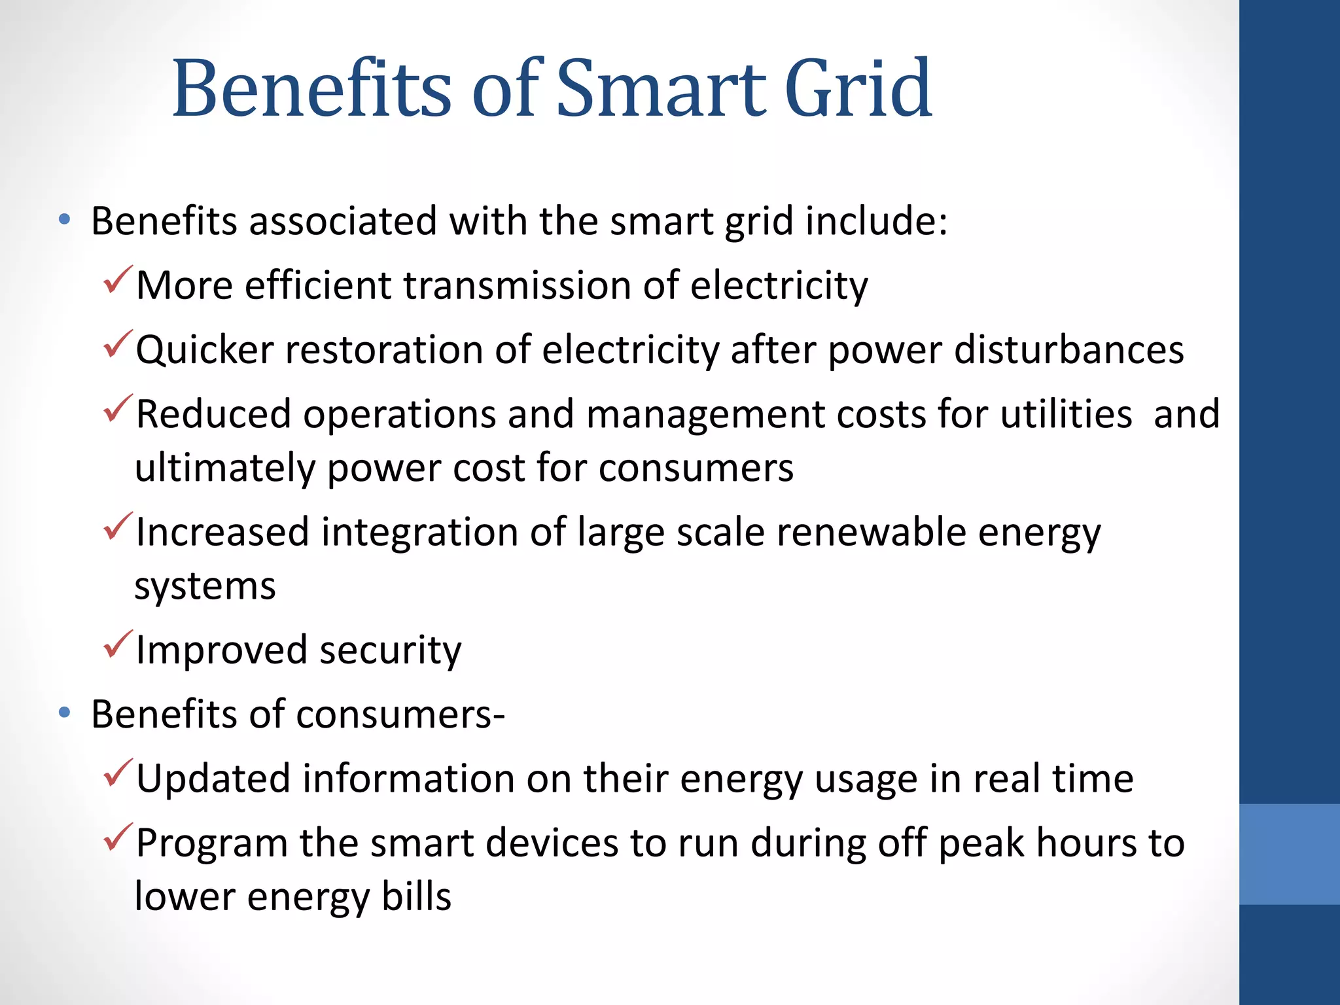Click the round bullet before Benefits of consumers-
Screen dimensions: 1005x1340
pyautogui.click(x=63, y=713)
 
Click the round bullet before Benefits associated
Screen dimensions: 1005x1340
pyautogui.click(x=63, y=220)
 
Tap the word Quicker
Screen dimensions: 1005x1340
pyautogui.click(x=204, y=351)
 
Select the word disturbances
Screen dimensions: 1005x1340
pyautogui.click(x=1068, y=349)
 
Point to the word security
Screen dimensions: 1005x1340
pyautogui.click(x=390, y=650)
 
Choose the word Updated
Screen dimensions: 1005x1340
pyautogui.click(x=213, y=779)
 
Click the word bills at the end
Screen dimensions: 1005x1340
pyautogui.click(x=416, y=896)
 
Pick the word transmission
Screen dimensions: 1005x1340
pyautogui.click(x=516, y=286)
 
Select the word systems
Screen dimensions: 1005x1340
pyautogui.click(x=205, y=586)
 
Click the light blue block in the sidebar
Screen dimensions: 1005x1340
pyautogui.click(x=1289, y=854)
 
